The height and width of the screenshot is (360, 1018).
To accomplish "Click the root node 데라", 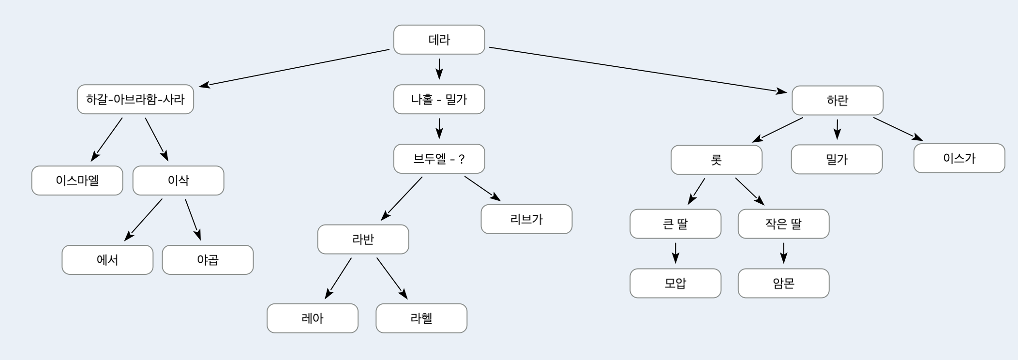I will tap(439, 40).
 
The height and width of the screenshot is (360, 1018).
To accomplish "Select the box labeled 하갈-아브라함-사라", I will tap(135, 100).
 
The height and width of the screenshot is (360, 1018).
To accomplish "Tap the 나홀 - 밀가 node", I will tap(439, 100).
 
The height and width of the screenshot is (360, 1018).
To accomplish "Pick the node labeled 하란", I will tap(837, 101).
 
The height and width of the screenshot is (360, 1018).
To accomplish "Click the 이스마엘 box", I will tap(77, 180).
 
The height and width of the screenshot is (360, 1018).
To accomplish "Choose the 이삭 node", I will tap(178, 180).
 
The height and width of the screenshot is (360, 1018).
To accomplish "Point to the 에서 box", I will tap(107, 260).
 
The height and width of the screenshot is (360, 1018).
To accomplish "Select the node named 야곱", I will tap(208, 260).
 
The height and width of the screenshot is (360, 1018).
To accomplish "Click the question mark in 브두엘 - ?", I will tap(461, 159).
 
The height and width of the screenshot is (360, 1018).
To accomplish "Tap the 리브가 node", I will tap(526, 219).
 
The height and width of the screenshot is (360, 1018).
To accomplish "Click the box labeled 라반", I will tap(363, 239).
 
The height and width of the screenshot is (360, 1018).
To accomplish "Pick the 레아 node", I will tap(313, 318).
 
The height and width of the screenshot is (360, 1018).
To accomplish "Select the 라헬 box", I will tap(421, 318).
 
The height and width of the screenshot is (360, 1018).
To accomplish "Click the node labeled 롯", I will tap(716, 160).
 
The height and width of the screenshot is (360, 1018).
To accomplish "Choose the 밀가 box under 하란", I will tap(837, 159).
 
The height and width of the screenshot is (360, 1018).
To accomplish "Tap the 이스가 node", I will tap(959, 158).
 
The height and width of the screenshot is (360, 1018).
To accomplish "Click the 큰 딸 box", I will tap(675, 224).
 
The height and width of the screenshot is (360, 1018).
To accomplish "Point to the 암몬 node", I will tap(783, 283).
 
